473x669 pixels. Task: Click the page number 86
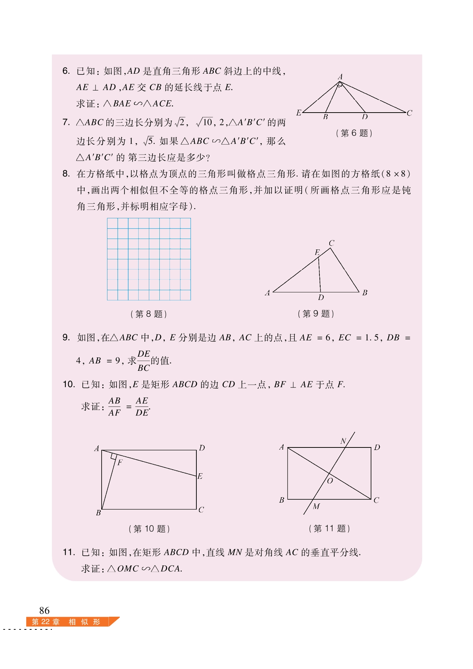44,610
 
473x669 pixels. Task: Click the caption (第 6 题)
354,133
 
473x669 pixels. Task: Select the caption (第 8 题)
148,314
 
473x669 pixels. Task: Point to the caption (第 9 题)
315,314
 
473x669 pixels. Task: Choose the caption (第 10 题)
149,529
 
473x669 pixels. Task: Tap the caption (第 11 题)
329,528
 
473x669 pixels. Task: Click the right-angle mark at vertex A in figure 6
340,85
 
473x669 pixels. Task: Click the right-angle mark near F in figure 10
114,456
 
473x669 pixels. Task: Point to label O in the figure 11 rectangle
330,481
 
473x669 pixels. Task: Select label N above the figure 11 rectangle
343,441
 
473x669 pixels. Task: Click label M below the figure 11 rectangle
316,506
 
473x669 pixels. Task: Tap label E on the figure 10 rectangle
200,476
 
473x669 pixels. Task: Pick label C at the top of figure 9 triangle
331,243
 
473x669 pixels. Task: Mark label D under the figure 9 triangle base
321,298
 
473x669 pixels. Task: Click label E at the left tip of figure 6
299,113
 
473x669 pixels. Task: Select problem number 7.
66,122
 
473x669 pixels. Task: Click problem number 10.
69,384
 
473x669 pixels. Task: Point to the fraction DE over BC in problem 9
144,361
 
